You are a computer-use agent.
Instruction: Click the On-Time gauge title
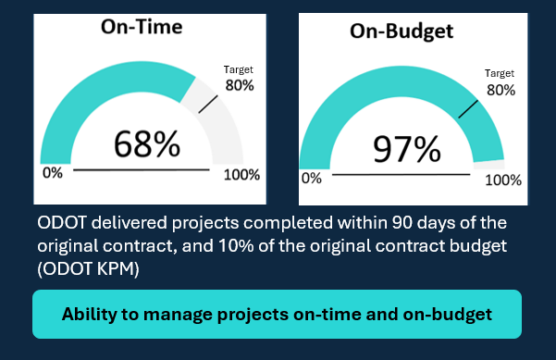pos(142,27)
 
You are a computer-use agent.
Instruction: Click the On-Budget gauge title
pos(401,31)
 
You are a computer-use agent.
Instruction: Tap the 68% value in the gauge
pos(146,144)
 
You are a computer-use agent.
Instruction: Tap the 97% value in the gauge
pos(405,148)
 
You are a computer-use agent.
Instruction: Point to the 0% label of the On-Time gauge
pos(52,173)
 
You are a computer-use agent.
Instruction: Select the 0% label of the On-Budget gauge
pos(312,178)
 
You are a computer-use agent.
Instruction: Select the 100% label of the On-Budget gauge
pos(503,180)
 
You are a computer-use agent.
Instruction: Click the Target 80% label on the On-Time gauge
pos(239,78)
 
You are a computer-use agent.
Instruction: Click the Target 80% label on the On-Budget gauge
pos(500,82)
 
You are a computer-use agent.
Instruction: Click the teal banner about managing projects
pos(278,314)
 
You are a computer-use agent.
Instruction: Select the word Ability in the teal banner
pos(92,314)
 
